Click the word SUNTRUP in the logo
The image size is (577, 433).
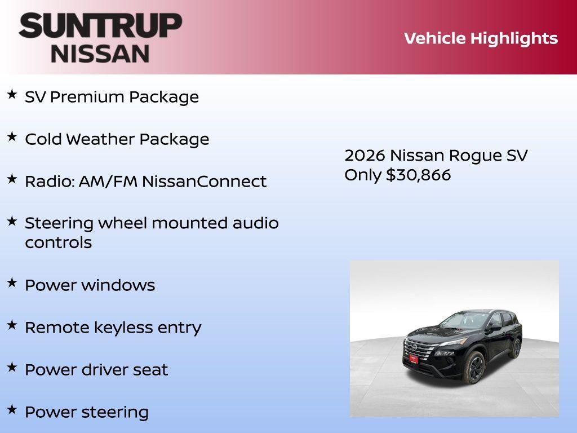click(x=100, y=26)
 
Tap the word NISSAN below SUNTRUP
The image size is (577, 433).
click(x=100, y=54)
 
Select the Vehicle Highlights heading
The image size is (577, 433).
click(x=481, y=38)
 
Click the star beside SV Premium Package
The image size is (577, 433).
click(x=12, y=95)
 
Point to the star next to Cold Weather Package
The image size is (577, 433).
click(x=12, y=137)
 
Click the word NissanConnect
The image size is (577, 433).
click(x=204, y=182)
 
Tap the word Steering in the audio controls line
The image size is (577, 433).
click(x=59, y=223)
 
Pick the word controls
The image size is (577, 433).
click(x=58, y=243)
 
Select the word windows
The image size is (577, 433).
click(x=118, y=285)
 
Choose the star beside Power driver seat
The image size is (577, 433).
click(x=12, y=368)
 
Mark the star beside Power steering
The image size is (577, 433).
click(x=12, y=410)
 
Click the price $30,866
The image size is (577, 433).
click(x=418, y=175)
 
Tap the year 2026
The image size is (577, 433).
click(x=365, y=156)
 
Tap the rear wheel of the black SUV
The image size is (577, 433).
click(x=516, y=348)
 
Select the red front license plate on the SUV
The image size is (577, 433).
click(x=414, y=359)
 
